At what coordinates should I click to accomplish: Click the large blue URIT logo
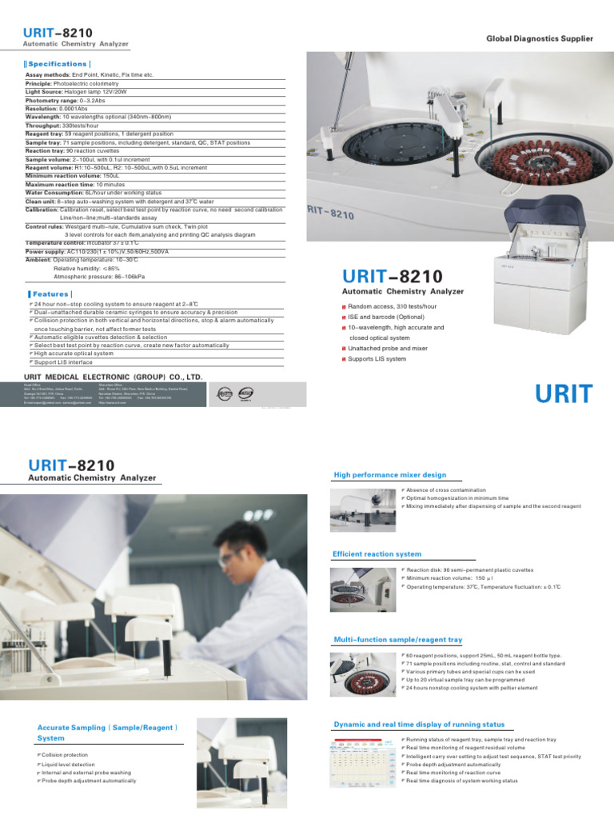564,395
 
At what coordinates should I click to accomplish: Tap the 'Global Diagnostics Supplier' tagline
540,38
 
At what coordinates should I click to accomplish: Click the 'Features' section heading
50,294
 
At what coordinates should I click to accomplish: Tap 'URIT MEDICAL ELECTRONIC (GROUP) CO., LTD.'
113,376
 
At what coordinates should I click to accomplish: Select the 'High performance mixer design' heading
389,475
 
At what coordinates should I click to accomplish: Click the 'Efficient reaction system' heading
377,553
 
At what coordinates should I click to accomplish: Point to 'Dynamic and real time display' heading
419,724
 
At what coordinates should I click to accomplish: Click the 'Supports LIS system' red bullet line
377,359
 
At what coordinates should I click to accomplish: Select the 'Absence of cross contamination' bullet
445,489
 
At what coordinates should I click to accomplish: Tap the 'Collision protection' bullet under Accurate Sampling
65,755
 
